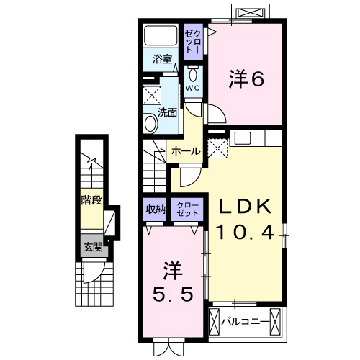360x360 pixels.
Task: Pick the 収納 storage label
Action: (x=155, y=210)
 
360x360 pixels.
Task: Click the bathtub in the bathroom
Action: (x=160, y=35)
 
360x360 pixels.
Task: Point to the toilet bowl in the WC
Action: (x=194, y=73)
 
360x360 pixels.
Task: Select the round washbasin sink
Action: (x=151, y=123)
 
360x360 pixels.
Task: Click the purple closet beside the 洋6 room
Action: (x=194, y=37)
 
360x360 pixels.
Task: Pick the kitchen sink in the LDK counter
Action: (x=241, y=138)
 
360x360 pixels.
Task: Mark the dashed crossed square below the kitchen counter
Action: (x=217, y=149)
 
